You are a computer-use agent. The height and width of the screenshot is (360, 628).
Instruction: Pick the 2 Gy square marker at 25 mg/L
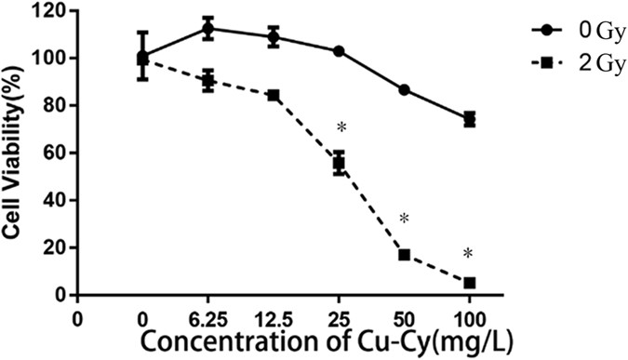(339, 163)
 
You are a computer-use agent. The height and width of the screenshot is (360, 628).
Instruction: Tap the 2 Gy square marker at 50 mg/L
(404, 254)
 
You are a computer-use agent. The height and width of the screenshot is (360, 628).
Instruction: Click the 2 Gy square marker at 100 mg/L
(469, 282)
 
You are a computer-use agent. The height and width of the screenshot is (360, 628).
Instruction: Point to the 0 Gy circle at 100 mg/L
(469, 119)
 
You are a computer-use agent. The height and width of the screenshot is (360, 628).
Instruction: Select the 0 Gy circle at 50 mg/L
(404, 89)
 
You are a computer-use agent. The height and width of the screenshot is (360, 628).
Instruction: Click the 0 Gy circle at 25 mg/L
(339, 51)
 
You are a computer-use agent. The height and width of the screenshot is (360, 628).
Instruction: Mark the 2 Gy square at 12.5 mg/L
(274, 95)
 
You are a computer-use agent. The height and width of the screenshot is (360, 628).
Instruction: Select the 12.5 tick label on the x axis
(274, 314)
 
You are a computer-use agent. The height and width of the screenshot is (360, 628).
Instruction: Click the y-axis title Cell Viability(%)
(15, 153)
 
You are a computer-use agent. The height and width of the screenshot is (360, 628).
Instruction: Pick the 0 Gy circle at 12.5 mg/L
(274, 37)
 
